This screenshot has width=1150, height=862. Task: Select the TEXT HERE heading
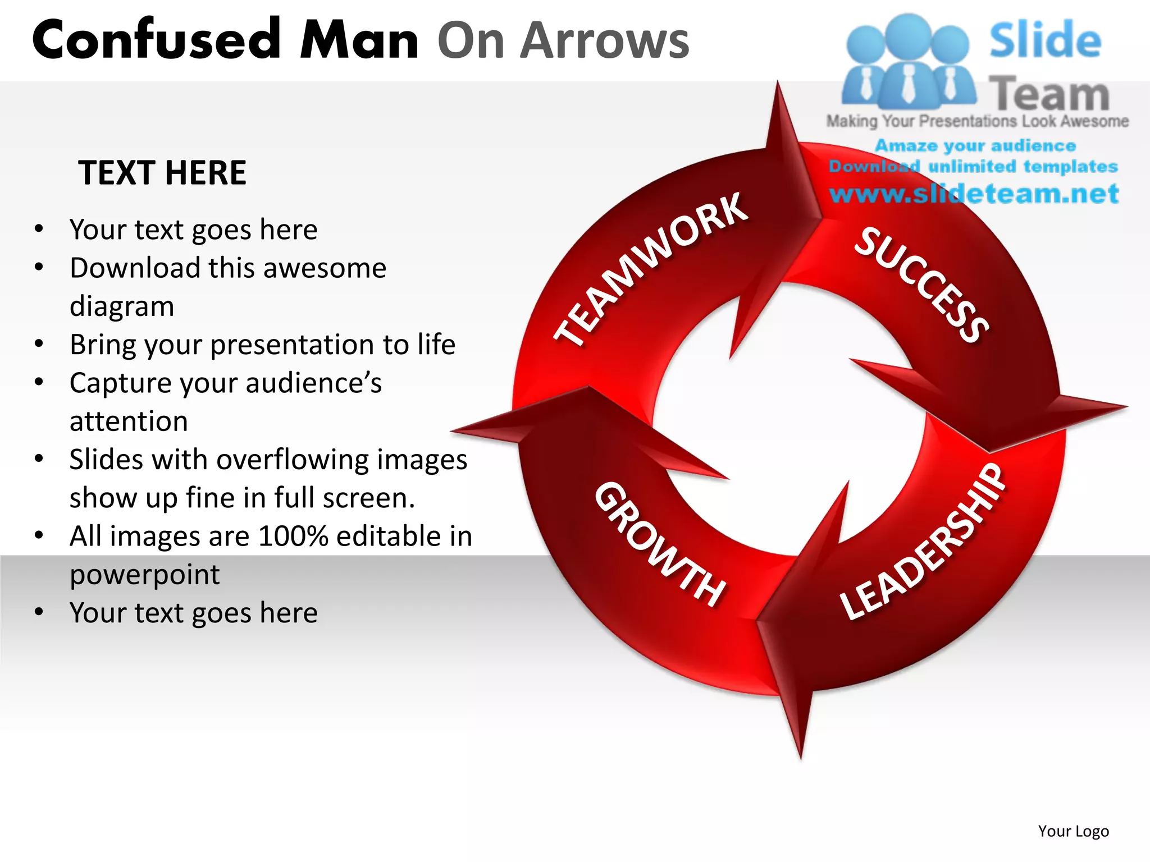[x=162, y=172]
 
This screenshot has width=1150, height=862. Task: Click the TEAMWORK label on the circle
[x=651, y=269]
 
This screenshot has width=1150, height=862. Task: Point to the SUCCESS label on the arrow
[x=921, y=285]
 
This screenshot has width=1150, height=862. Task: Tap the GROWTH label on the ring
[x=660, y=544]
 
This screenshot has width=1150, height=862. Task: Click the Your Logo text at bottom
[x=1073, y=831]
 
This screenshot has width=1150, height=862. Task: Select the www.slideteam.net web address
[x=974, y=194]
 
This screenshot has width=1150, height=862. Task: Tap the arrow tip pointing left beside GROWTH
[x=466, y=430]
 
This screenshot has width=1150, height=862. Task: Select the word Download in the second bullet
[x=134, y=268]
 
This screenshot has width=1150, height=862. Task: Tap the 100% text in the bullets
[x=293, y=536]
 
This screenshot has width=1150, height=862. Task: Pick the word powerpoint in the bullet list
[x=144, y=575]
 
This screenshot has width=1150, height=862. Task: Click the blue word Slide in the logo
[x=1045, y=40]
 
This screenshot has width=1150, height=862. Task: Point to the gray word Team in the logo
[x=1049, y=94]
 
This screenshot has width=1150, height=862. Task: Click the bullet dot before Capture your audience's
[x=39, y=382]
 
